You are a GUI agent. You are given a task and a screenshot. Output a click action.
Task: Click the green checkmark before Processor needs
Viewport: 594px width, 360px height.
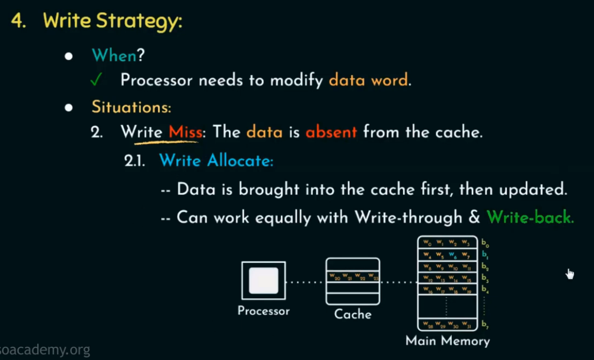click(x=95, y=80)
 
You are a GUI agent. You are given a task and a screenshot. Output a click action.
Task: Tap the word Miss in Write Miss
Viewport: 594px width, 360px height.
click(x=185, y=132)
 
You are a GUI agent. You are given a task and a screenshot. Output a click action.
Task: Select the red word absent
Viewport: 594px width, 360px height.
click(x=331, y=132)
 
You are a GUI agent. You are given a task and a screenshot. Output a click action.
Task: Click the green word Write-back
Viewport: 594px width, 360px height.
click(x=529, y=217)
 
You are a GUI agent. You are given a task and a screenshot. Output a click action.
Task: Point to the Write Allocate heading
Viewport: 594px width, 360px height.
click(x=216, y=161)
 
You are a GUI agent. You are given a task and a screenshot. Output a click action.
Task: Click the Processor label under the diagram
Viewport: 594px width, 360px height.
click(x=263, y=311)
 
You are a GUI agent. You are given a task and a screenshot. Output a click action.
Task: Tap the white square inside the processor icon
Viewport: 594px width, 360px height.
click(x=263, y=281)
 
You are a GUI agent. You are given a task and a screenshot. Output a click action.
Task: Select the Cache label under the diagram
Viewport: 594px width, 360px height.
click(x=353, y=314)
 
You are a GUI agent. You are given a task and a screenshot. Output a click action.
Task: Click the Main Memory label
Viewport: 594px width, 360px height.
click(x=448, y=341)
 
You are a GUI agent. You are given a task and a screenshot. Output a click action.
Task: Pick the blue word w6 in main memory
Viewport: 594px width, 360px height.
click(x=452, y=255)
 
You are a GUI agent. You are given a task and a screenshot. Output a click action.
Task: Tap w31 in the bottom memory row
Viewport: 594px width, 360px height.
click(x=466, y=324)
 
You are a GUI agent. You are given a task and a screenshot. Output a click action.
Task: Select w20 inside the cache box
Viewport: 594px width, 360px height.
click(x=333, y=276)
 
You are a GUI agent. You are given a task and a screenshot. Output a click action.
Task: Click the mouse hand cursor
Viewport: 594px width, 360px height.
click(x=570, y=274)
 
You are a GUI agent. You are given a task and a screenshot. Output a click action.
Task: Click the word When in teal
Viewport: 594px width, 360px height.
click(x=114, y=55)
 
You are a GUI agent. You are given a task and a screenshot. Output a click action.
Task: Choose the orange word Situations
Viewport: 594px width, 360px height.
click(x=131, y=107)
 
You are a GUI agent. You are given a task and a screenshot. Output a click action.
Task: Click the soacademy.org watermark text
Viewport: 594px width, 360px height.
click(x=45, y=350)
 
